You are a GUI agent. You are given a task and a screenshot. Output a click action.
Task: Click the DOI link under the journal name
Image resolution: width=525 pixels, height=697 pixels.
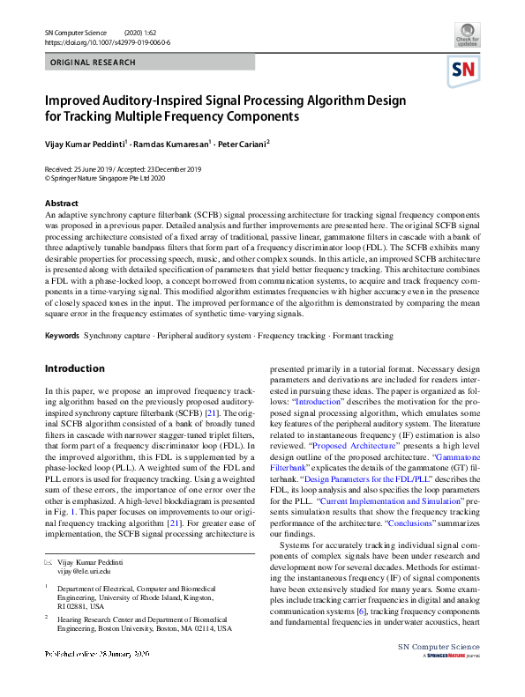107,42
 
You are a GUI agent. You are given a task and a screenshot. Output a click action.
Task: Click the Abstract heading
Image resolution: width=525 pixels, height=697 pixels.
61,204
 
